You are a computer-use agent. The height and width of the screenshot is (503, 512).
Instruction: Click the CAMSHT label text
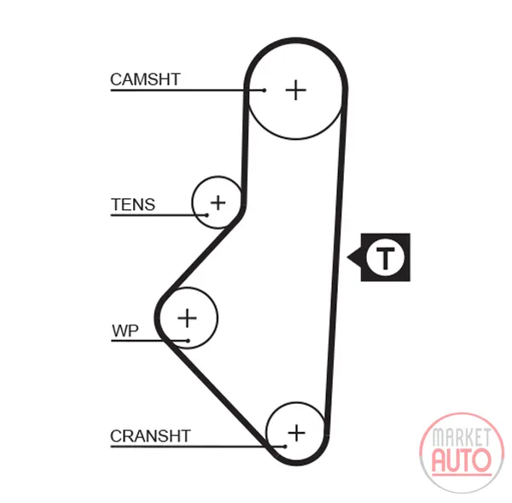click(x=145, y=79)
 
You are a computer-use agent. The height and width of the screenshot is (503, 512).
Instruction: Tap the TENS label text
click(x=133, y=205)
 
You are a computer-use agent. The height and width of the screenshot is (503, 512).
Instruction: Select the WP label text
click(x=125, y=330)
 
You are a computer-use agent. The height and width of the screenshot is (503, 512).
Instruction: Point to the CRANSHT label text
click(x=150, y=436)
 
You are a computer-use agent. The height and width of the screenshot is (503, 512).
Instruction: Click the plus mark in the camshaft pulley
click(x=296, y=90)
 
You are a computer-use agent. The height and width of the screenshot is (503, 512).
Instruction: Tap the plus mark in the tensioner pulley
click(x=218, y=202)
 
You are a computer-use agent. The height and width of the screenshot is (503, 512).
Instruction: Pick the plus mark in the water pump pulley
click(x=187, y=318)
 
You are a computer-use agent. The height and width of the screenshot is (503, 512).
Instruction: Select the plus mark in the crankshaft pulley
click(x=296, y=433)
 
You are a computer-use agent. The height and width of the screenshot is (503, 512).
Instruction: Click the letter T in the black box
click(x=386, y=258)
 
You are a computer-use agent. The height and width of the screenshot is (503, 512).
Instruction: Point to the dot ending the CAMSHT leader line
click(x=265, y=91)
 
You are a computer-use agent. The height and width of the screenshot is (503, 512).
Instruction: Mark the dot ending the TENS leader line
click(x=207, y=215)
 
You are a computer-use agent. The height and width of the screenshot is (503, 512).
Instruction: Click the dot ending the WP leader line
click(x=188, y=341)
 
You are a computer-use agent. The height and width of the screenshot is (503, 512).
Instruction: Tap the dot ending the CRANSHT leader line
click(x=285, y=446)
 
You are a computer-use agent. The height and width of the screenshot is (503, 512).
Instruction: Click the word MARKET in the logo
click(x=461, y=437)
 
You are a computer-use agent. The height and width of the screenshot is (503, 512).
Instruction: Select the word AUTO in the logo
click(x=462, y=461)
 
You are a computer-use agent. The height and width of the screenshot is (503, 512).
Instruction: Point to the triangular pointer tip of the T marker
click(x=347, y=258)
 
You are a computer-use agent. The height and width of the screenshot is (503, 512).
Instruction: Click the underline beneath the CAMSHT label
click(x=187, y=91)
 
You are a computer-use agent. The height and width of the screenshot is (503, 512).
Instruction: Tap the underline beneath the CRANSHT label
click(x=198, y=446)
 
